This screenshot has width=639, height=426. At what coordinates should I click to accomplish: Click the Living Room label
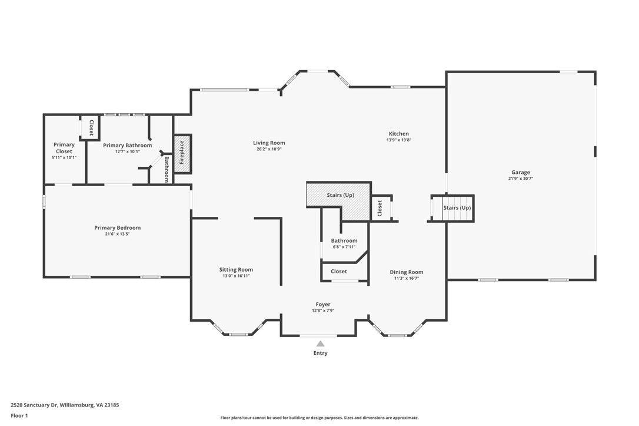pos(269,143)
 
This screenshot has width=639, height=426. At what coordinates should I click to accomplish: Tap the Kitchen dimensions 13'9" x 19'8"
pos(398,140)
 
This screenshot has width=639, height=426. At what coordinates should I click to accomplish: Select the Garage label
pos(521,172)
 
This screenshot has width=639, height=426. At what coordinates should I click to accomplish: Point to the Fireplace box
pos(182,154)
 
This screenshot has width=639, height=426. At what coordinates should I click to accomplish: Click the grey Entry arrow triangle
pos(320,344)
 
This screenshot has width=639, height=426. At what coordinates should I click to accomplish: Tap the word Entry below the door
pos(320,353)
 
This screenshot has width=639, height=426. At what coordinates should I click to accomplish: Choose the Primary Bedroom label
pos(117,227)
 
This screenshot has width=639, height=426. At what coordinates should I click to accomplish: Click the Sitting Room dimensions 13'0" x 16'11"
pos(236,276)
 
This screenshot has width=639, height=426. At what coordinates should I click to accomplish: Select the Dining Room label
pos(407,272)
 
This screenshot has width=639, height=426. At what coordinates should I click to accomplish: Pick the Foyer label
pos(323,305)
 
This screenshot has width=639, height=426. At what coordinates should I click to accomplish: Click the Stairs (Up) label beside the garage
pos(457,207)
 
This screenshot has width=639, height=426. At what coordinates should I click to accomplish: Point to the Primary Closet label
pos(64,148)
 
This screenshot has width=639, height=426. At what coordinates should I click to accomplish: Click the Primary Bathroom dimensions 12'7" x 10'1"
pos(127,152)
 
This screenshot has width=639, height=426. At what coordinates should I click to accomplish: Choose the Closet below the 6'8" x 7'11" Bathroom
pos(339,272)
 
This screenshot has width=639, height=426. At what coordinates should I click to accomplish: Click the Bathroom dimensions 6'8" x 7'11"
pos(344,247)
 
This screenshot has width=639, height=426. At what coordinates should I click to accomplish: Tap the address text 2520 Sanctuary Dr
pos(35,405)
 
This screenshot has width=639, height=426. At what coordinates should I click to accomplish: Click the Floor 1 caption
pos(19,416)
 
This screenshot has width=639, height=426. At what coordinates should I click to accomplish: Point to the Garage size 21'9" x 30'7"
pos(521,179)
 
